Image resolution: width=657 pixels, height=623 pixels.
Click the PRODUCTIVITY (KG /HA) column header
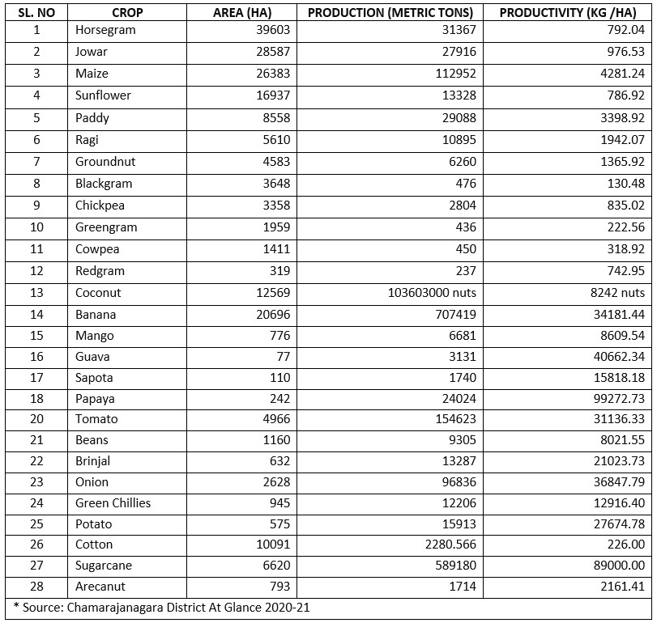coord(568,12)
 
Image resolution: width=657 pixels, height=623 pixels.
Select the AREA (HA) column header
coord(241,12)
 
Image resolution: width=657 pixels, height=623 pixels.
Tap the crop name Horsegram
coord(105,30)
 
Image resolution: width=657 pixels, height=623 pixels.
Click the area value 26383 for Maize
coord(271,74)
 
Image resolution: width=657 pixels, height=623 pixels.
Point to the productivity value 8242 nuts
coord(615,292)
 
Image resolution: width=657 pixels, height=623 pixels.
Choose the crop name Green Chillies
coord(113,502)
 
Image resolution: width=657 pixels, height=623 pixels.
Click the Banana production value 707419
coord(456,314)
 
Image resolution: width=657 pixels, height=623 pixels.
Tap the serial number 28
coord(36,586)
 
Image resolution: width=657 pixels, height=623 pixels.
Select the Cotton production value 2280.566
coord(448,545)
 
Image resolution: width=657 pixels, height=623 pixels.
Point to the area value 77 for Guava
coord(282,356)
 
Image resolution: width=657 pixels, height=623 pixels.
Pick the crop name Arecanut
coord(100,586)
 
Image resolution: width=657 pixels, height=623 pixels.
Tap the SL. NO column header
coord(36,12)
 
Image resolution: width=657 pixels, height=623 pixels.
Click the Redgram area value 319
coord(278,271)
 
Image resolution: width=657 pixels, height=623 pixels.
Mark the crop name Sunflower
coord(103,95)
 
